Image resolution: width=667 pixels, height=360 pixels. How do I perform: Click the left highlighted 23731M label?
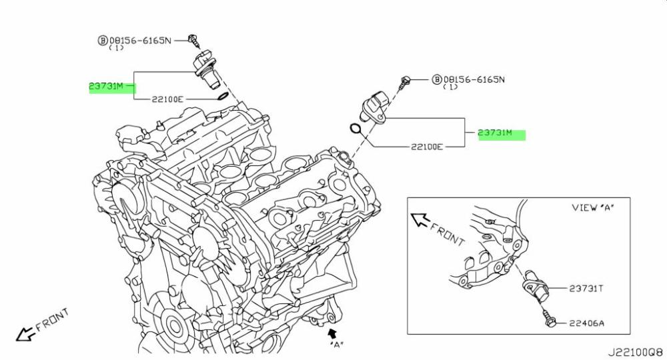107,87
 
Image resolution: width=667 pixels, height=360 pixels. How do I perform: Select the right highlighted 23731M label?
496,133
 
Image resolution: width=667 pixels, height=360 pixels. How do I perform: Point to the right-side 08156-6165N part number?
474,79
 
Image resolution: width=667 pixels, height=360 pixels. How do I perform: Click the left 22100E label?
165,99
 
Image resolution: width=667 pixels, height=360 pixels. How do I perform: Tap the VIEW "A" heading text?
592,207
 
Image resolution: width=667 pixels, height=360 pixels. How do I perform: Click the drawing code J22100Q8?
634,350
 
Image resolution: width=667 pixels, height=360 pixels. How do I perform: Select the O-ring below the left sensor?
225,99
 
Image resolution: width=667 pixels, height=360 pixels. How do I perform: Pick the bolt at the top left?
193,39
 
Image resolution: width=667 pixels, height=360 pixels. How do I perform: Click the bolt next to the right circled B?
404,82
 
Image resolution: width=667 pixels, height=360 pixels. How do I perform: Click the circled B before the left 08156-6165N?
103,41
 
